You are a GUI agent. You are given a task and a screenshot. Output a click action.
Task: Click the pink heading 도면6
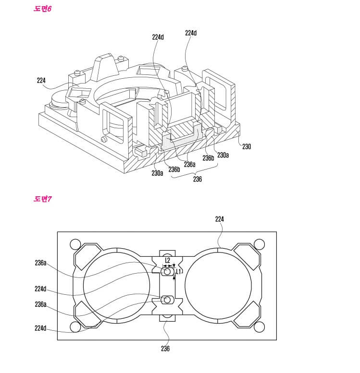42,9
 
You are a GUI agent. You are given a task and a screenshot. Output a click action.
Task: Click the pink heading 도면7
42,199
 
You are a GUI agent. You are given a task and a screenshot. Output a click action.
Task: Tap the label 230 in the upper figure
247,146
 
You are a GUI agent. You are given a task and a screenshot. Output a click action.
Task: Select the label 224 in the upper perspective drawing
41,80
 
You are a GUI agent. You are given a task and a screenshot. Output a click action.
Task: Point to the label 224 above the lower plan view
220,219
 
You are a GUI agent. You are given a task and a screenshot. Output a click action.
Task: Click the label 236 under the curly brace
198,179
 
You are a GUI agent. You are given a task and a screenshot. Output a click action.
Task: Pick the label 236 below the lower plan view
165,349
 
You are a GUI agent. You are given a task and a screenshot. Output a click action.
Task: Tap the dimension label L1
178,271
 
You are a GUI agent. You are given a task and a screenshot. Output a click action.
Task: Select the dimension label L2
167,260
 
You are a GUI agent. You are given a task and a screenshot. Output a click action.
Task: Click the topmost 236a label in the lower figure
40,263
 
